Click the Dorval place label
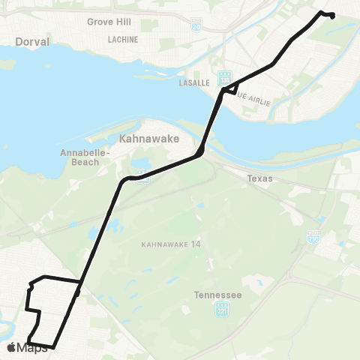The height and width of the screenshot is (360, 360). pos(31,43)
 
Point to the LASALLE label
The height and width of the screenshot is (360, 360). pos(193,83)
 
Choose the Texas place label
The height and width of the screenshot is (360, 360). pos(260,179)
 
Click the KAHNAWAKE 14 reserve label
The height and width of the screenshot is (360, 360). pos(166,244)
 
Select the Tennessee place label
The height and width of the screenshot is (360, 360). pos(217,295)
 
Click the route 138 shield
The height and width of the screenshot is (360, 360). pos(224,78)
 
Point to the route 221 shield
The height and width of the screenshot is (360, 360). pos(222,309)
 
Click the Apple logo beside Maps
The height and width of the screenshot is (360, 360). pos(11,347)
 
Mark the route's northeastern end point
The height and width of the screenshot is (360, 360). pos(332,16)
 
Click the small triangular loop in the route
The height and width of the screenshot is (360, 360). pos(232,86)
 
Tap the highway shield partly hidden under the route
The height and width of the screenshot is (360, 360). pos(142,178)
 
